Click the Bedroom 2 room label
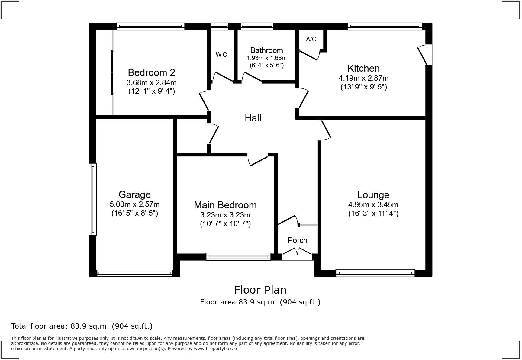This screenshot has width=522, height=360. pyautogui.click(x=151, y=72)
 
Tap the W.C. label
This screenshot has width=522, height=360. pyautogui.click(x=222, y=55)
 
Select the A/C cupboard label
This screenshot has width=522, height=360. pyautogui.click(x=311, y=39)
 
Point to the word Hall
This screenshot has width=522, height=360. pyautogui.click(x=253, y=118)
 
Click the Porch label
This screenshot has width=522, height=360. pyautogui.click(x=297, y=240)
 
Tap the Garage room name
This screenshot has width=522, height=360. pyautogui.click(x=134, y=194)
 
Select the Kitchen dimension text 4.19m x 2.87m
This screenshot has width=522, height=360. pyautogui.click(x=363, y=78)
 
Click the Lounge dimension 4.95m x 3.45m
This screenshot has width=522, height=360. pyautogui.click(x=373, y=205)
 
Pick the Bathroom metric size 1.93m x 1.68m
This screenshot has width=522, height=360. pyautogui.click(x=266, y=58)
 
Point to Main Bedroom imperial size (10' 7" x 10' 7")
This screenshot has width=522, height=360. pyautogui.click(x=225, y=224)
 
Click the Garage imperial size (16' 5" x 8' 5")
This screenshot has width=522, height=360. pyautogui.click(x=134, y=213)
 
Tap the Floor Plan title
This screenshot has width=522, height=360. pyautogui.click(x=260, y=290)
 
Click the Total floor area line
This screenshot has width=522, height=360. pyautogui.click(x=82, y=326)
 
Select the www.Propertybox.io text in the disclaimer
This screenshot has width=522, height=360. pyautogui.click(x=215, y=349)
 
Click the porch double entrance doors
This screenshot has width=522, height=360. pyautogui.click(x=297, y=252)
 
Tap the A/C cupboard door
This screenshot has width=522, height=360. pyautogui.click(x=310, y=56)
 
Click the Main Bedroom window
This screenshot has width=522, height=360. pyautogui.click(x=238, y=257)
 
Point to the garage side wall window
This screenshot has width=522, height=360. pyautogui.click(x=93, y=199)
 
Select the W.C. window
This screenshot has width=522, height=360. pyautogui.click(x=219, y=26)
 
